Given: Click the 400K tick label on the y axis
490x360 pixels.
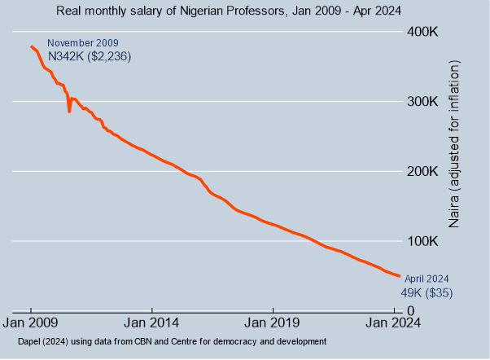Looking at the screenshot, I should pos(423,32).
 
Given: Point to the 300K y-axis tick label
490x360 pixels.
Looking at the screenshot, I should pos(423,102).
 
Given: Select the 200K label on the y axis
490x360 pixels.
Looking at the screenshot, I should pos(423,172).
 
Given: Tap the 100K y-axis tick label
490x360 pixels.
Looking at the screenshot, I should pos(423,242).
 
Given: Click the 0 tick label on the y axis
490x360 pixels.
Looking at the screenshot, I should pos(412,311).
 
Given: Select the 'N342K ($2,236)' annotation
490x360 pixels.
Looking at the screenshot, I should pos(90,56).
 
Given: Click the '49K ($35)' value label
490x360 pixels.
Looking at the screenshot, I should pos(427,292).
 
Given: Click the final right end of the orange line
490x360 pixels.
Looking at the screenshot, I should pos(399,277).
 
